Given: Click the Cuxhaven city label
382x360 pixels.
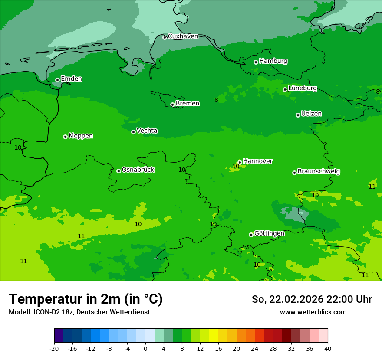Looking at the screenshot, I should coord(183,36).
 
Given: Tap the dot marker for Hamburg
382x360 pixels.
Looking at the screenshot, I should coord(256,62).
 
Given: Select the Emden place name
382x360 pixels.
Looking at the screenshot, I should coord(71,79).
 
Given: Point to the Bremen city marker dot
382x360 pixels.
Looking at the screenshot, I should coord(172,105).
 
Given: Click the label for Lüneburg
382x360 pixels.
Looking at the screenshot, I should coord(303,88).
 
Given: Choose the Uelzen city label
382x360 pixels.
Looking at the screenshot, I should coord(311,114).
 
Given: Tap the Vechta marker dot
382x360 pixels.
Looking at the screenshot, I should coord(133,132).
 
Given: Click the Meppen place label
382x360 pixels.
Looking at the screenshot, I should coord(81,136).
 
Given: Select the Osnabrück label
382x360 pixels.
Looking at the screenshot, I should coord(138,170).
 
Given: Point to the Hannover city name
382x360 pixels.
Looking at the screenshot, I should coord(257,161).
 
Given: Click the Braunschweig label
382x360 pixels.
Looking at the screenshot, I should coord(319,171).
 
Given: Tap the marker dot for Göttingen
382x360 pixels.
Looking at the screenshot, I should coord(251,235).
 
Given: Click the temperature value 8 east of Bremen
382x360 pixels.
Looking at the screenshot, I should coord(216,100).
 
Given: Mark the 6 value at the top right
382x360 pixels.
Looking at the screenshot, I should coord(332,8).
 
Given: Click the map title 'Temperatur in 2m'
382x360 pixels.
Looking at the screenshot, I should coord(86,299).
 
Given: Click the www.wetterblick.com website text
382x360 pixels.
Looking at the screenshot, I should coord(313,312).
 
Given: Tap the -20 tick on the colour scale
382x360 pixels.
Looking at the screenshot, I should coord(54,348).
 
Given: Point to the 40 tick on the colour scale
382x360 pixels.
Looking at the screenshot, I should coord(328,348).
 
